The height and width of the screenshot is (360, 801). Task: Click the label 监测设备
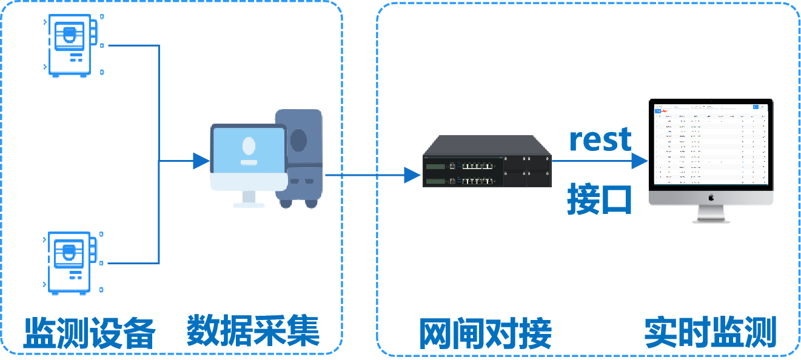89,332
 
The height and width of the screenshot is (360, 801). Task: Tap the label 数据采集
253,330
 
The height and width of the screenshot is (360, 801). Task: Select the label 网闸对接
485,332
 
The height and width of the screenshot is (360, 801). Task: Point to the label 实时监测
710,332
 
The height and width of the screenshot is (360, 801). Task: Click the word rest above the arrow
600,139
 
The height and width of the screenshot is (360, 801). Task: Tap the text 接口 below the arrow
600,199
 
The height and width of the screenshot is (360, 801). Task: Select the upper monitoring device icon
70,46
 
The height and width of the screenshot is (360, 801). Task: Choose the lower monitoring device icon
70,263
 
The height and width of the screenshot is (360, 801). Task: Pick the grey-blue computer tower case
299,158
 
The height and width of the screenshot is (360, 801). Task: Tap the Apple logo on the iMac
711,198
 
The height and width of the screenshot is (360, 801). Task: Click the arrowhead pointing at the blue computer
201,161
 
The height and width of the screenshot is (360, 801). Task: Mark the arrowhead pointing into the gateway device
412,176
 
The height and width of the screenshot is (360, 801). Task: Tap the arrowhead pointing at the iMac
640,161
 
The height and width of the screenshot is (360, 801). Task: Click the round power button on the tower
298,140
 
